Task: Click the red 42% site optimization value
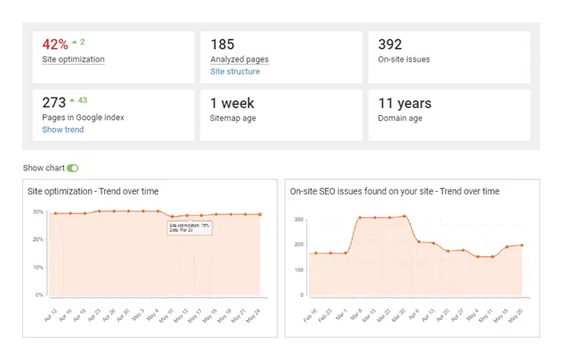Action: (x=55, y=45)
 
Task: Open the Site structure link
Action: (x=234, y=72)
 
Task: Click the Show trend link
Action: (x=62, y=130)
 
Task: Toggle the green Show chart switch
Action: (x=74, y=168)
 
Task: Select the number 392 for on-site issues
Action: (x=389, y=45)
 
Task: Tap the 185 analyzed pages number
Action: (x=222, y=45)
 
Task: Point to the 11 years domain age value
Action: (x=404, y=104)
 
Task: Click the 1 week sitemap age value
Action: (x=232, y=104)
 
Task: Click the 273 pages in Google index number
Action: (x=54, y=104)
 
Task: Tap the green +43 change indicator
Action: (x=78, y=101)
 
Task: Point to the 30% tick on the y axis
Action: (x=38, y=212)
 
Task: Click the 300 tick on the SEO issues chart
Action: (x=298, y=218)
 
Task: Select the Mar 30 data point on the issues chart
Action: (x=406, y=216)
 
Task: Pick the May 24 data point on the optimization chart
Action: (x=260, y=214)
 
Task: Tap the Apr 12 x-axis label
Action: (x=50, y=310)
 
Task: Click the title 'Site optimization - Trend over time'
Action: (x=93, y=192)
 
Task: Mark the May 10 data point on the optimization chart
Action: (x=172, y=217)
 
